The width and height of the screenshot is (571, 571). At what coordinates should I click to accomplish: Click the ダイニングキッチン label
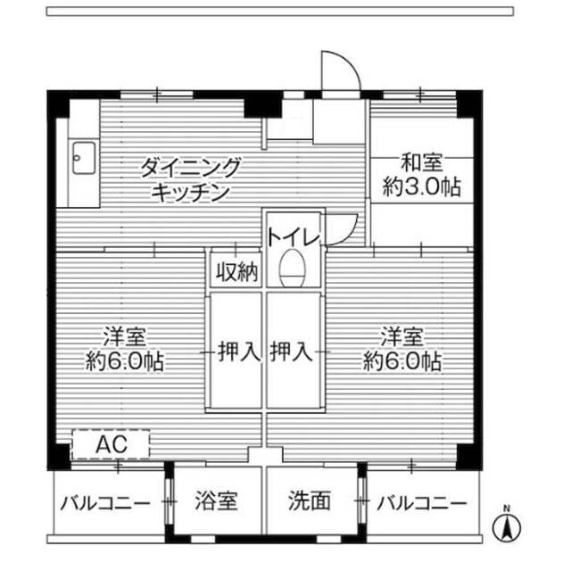(x=191, y=178)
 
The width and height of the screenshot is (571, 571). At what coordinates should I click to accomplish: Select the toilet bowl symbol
(x=292, y=269)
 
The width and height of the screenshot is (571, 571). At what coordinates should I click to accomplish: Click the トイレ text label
(x=292, y=237)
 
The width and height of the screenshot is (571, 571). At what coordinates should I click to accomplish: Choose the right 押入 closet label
(x=292, y=352)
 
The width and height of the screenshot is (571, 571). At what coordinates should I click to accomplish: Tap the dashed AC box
(x=110, y=444)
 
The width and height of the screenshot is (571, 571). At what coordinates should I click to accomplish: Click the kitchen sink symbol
(x=80, y=160)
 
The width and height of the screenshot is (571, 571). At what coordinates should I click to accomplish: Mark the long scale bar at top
(x=280, y=12)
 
